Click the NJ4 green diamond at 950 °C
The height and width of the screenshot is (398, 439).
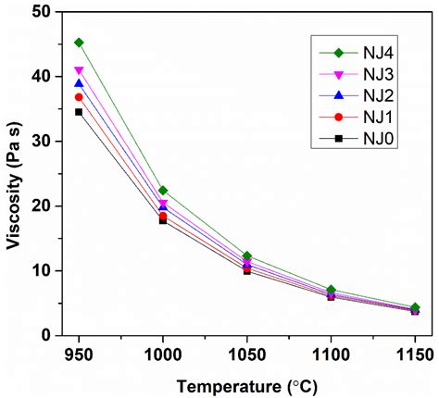tap(79, 43)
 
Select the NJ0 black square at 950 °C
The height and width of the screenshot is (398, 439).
tap(79, 112)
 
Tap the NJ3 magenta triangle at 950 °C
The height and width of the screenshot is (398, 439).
tap(79, 70)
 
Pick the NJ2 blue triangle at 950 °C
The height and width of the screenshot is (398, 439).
tap(79, 83)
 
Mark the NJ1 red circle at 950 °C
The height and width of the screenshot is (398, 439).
tap(79, 97)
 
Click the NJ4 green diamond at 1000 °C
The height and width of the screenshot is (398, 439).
tap(163, 190)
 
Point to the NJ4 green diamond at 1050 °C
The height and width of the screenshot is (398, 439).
tap(247, 255)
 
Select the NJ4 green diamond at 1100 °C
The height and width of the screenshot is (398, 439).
tap(331, 290)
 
